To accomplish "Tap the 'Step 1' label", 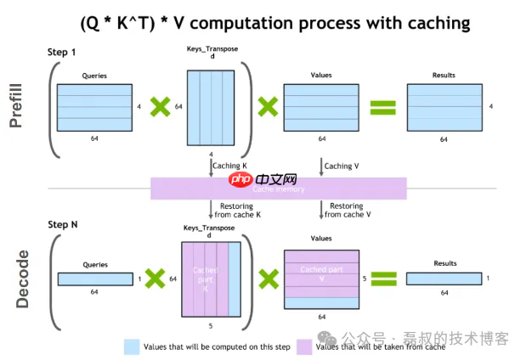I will point(61,53).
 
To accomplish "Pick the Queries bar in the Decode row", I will point(93,278).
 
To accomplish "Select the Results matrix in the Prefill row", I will point(443,106).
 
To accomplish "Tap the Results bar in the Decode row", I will point(443,278).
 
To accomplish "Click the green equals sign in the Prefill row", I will point(383,107).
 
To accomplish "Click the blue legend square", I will point(131,346).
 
